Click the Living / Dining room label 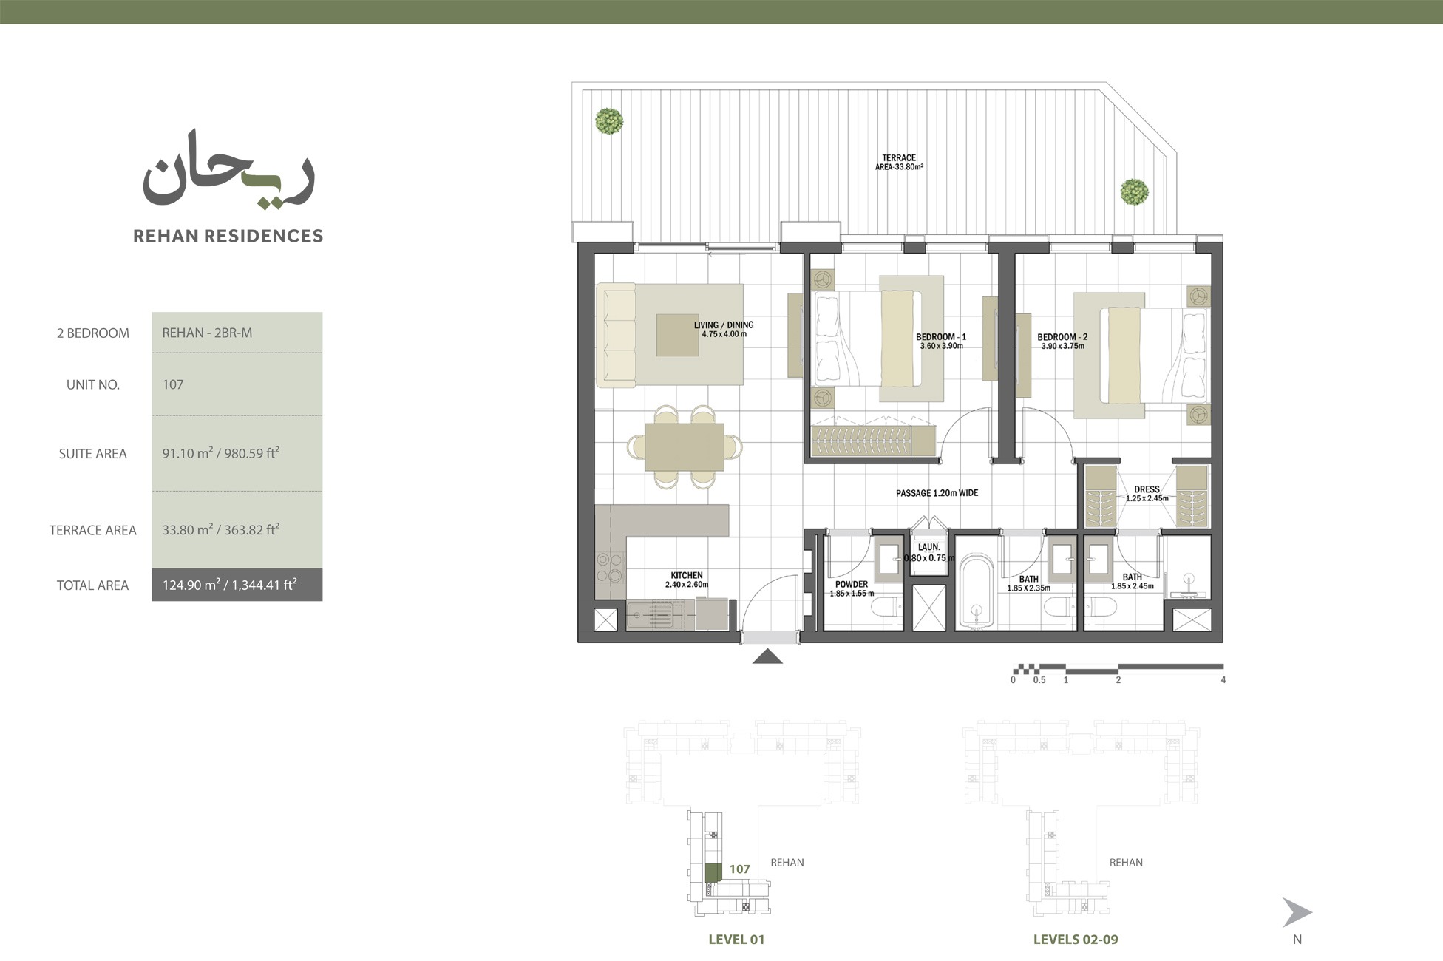[723, 325]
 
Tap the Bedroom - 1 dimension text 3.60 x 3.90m [941, 346]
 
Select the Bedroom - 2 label [1062, 337]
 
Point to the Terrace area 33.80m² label [898, 163]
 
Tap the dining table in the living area [684, 446]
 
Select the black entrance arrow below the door [767, 656]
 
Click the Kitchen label [686, 575]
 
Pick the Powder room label [852, 584]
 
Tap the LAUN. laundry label [928, 547]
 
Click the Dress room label [1147, 489]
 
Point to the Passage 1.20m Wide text [937, 493]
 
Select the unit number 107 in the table [173, 384]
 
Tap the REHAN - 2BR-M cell [207, 333]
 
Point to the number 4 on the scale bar [1223, 680]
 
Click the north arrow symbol [1296, 912]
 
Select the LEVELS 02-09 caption [1075, 940]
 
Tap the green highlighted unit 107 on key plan [713, 872]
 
